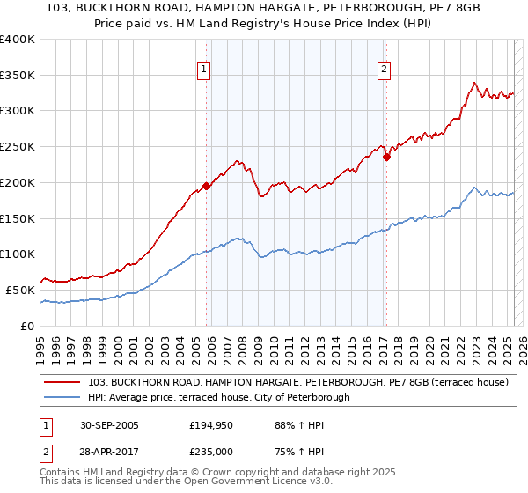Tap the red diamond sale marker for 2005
(207, 186)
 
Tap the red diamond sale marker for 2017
(386, 158)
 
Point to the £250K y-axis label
(17, 147)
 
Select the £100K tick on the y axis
(17, 254)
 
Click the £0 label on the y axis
(26, 326)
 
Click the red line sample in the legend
(63, 383)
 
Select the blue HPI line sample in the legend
(63, 398)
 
